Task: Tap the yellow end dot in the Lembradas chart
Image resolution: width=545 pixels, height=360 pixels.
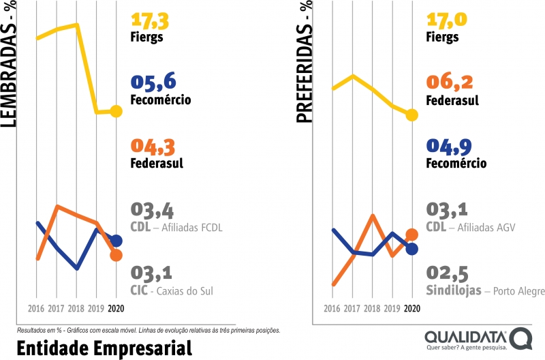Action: point(116,111)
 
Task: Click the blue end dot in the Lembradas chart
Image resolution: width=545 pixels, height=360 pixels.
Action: point(116,241)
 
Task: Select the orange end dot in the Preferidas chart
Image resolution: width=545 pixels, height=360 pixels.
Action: point(411,235)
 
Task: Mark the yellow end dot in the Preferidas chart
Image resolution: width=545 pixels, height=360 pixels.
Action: point(411,115)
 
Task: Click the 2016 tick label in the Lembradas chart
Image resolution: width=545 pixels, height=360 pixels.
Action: point(37,307)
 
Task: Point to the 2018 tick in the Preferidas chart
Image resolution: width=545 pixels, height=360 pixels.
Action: point(372,307)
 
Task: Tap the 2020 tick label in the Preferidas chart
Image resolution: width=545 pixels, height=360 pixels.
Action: point(411,307)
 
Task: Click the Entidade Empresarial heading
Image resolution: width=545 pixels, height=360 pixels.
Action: point(104,347)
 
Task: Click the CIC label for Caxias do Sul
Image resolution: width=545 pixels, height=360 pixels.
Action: point(140,291)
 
